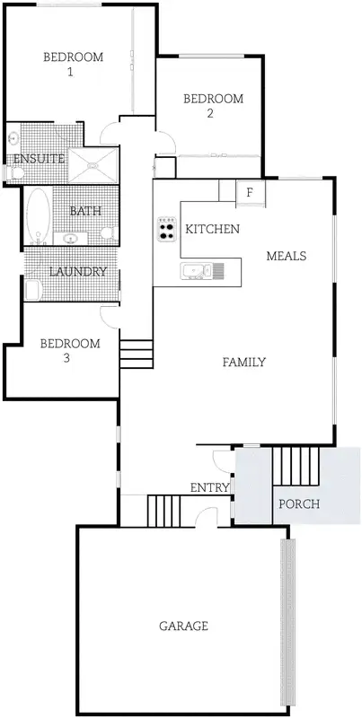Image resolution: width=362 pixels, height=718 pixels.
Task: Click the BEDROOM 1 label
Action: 74,65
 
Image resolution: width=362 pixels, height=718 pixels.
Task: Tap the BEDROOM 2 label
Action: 213,106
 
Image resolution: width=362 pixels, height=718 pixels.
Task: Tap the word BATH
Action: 85,212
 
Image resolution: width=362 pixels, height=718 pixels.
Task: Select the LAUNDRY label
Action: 78,272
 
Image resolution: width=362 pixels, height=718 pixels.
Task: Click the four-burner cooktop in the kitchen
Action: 166,230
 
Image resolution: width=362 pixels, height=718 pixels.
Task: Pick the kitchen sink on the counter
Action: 196,269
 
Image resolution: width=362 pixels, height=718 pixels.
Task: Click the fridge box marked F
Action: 250,192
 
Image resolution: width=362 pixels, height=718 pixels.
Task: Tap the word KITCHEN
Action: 212,230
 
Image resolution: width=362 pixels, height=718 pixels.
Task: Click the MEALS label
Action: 287,256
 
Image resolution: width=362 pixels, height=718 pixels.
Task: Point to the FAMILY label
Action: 243,363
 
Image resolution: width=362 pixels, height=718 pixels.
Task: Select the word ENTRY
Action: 209,487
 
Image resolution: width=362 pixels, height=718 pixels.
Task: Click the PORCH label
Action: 299,503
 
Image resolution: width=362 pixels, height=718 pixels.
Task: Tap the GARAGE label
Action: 183,626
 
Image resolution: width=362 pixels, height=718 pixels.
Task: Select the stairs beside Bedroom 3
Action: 137,353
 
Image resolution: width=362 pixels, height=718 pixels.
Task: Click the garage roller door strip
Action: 287,624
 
